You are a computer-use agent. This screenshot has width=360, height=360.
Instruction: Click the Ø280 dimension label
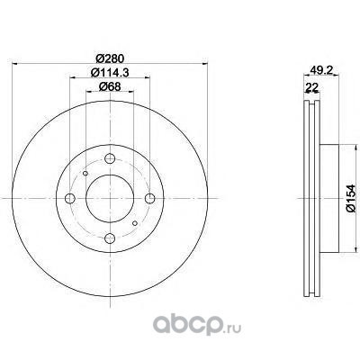pos(110,58)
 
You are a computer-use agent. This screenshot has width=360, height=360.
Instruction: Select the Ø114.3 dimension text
pos(110,72)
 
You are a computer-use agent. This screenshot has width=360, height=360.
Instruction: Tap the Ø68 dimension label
pos(110,86)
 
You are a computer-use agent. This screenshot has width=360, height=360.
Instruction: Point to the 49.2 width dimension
pos(321,70)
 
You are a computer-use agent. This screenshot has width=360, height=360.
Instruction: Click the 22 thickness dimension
pos(311,87)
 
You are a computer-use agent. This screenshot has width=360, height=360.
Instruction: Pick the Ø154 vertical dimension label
pos(350,199)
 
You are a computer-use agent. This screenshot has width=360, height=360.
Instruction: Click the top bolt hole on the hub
pos(110,158)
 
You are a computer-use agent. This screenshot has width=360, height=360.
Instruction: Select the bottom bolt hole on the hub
pos(110,238)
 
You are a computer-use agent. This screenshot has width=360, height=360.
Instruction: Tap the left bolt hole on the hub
pos(70,198)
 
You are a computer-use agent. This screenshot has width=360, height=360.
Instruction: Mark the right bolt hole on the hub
pos(150,198)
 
